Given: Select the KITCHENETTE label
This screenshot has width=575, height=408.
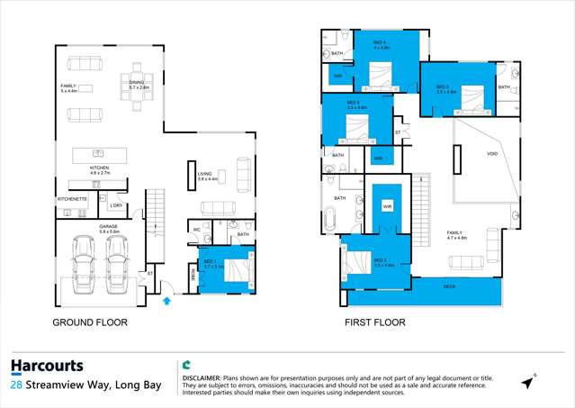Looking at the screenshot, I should (x=72, y=198).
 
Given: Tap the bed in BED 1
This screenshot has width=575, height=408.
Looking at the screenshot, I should (x=236, y=269).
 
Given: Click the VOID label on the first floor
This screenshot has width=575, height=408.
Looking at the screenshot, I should (x=491, y=154).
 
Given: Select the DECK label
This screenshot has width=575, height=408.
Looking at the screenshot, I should (x=448, y=286).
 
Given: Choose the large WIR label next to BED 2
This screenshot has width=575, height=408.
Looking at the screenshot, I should (x=387, y=206).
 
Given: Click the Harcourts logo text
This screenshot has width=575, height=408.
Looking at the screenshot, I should (x=47, y=366).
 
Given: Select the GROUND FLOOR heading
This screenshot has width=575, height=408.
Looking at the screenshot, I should (x=89, y=322).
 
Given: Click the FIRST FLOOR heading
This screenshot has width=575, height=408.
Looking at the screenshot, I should (x=374, y=322).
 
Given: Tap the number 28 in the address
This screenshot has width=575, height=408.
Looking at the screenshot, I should (x=17, y=385).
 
